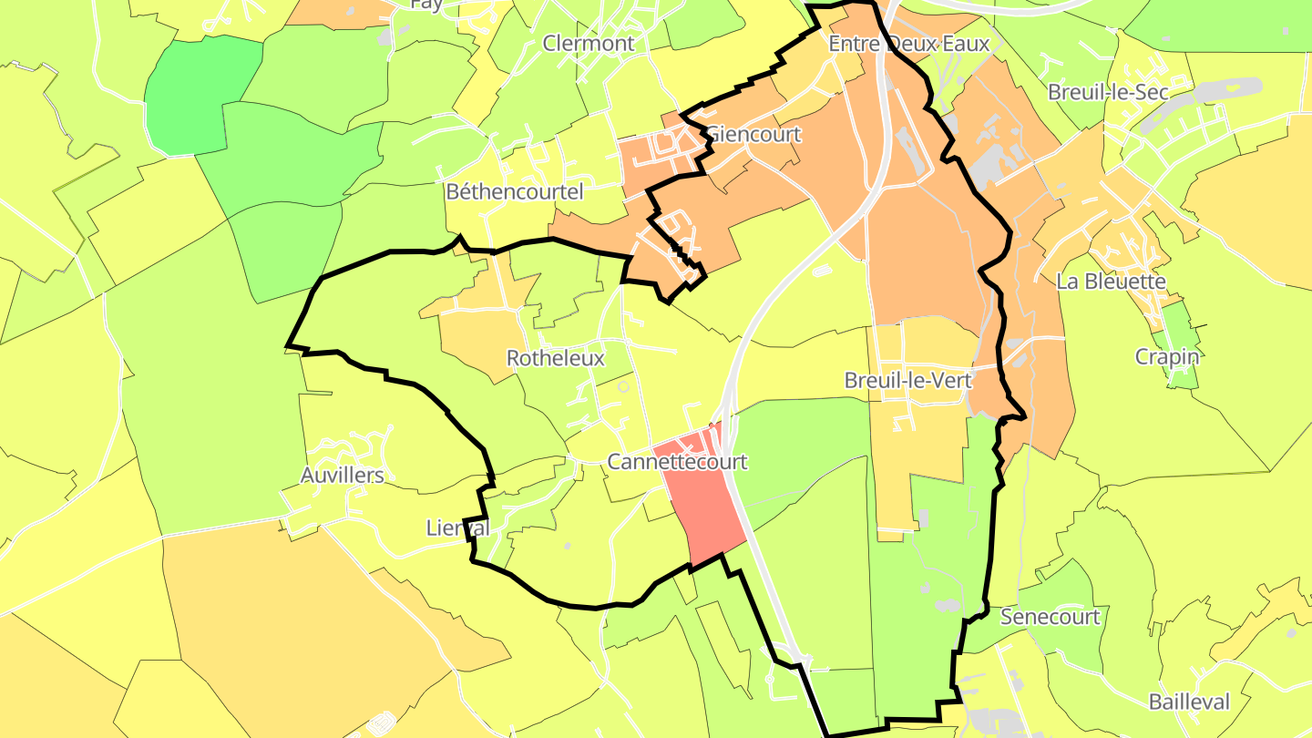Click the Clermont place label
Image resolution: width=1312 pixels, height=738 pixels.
589,43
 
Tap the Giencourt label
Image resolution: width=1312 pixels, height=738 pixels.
754,135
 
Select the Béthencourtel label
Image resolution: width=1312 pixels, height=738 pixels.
514,191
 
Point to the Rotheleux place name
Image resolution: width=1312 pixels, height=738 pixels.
555,358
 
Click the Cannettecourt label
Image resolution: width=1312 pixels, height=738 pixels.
677,462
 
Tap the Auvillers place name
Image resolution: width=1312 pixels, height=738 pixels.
343,475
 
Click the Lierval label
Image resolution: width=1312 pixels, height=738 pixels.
458,528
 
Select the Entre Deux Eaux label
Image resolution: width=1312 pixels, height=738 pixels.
908,44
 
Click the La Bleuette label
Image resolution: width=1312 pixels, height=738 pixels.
1111,282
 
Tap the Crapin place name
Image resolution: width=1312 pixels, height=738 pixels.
1167,357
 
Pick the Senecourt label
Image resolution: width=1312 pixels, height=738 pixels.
1050,617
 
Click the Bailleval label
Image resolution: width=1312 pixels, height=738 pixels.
1189,702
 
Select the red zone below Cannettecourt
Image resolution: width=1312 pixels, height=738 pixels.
706,519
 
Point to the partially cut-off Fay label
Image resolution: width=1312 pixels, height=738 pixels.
426,5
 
